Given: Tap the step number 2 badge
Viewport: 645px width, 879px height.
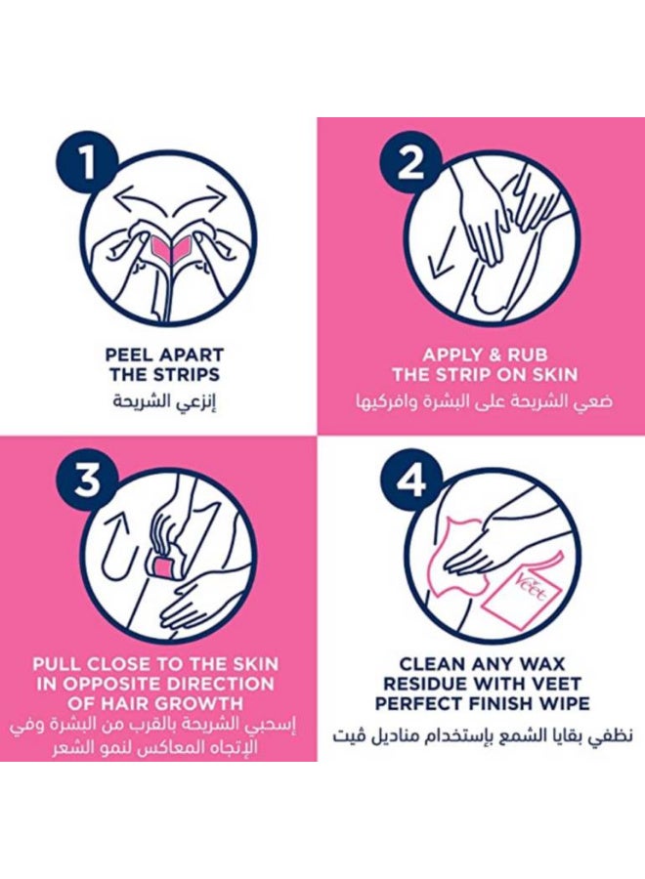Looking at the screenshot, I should [x=411, y=163].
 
